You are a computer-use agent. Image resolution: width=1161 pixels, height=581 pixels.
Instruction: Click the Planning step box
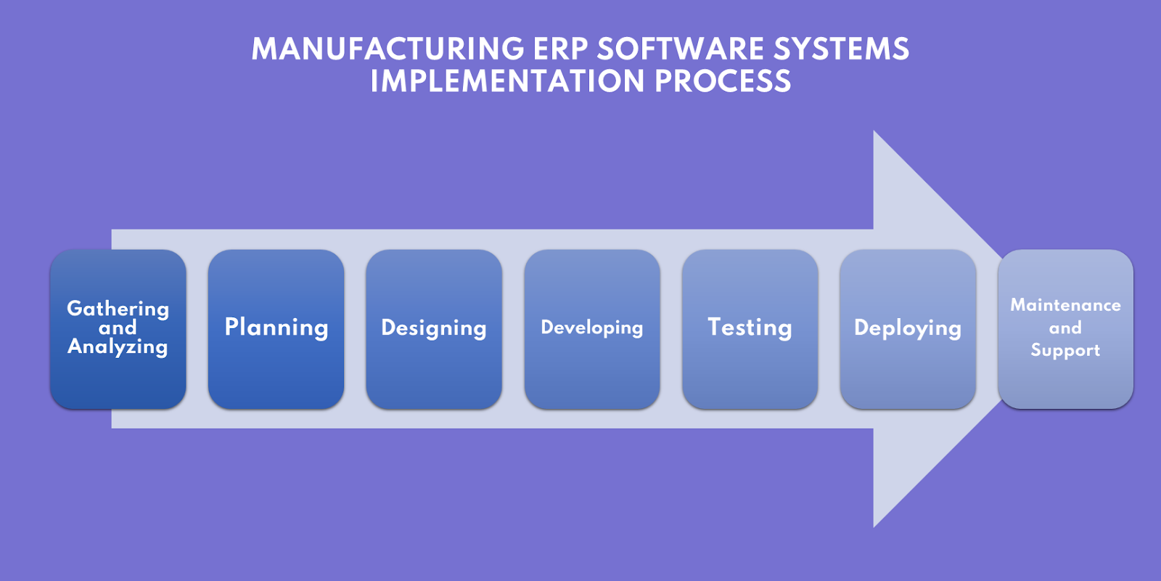276,329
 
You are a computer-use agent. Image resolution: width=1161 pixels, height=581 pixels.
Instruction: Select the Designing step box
434,329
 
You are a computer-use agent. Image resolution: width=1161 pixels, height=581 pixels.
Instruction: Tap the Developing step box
592,329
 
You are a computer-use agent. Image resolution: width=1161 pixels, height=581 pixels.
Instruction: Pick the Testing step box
750,329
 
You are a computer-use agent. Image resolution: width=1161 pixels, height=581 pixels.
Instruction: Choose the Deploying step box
908,329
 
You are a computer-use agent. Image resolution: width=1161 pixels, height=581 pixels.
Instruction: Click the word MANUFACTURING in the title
387,49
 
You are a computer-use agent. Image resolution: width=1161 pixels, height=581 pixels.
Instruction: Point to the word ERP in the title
560,49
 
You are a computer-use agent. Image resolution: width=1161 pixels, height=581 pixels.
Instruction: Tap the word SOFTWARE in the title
681,49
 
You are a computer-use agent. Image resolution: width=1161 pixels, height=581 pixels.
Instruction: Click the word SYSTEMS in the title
841,49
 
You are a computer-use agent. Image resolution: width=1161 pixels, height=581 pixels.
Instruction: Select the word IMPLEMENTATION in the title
507,81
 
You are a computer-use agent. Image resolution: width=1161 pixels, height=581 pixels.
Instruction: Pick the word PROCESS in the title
723,81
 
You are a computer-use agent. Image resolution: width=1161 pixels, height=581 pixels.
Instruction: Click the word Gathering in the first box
118,309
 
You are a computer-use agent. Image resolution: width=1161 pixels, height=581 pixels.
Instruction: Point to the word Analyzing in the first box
118,347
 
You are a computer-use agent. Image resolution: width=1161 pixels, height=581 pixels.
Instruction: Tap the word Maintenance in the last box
1065,305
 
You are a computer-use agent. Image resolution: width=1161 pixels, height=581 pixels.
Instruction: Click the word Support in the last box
1065,350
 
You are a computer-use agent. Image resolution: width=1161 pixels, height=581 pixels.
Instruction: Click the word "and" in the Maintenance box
1065,328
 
